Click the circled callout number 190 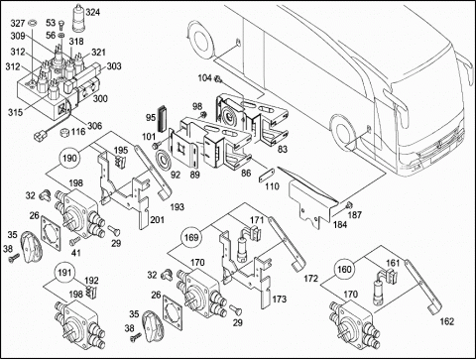pyautogui.click(x=69, y=158)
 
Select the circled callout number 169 pyautogui.click(x=191, y=237)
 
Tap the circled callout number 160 pyautogui.click(x=344, y=269)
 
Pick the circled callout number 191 pyautogui.click(x=64, y=273)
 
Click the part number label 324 pyautogui.click(x=93, y=12)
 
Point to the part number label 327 pyautogui.click(x=18, y=23)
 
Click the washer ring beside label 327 pyautogui.click(x=33, y=24)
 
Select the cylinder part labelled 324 pyautogui.click(x=78, y=18)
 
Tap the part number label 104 pyautogui.click(x=204, y=78)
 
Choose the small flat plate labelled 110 pyautogui.click(x=267, y=175)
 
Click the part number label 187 pyautogui.click(x=355, y=215)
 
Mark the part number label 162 pyautogui.click(x=447, y=321)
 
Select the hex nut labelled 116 pyautogui.click(x=65, y=133)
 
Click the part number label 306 pyautogui.click(x=95, y=126)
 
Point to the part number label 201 pyautogui.click(x=158, y=219)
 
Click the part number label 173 pyautogui.click(x=280, y=300)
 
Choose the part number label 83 pyautogui.click(x=282, y=149)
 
